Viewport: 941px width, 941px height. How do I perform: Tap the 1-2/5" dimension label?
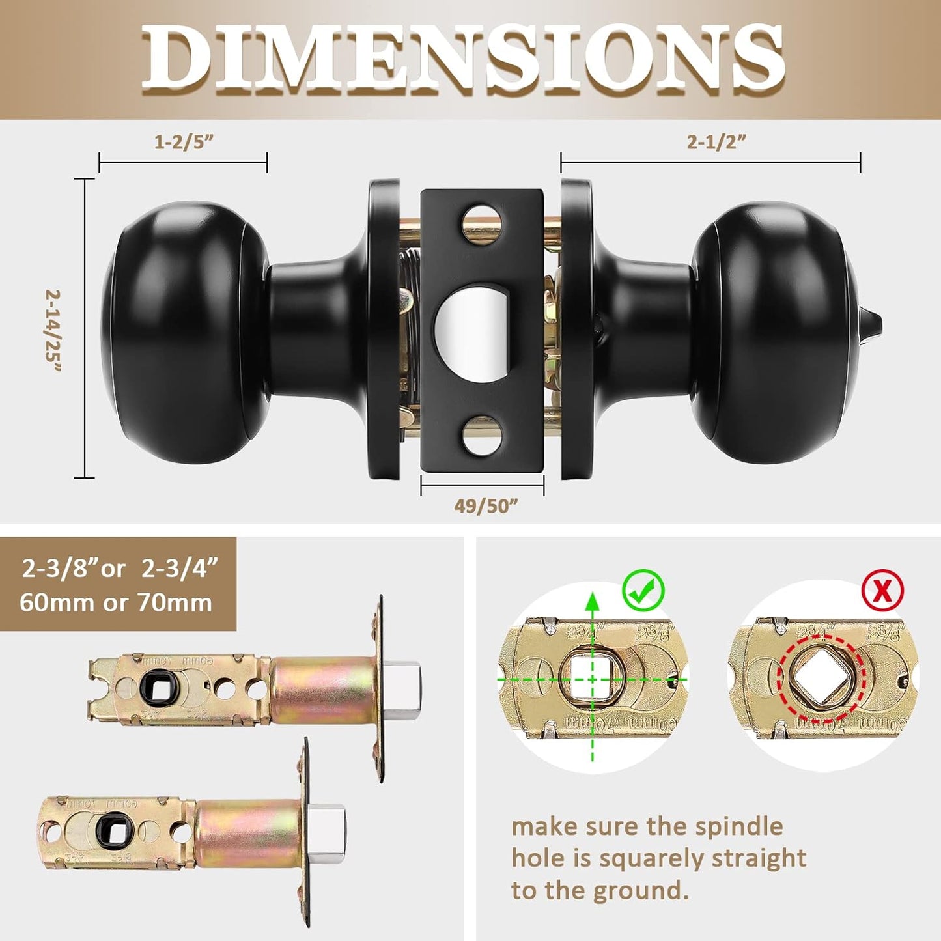pos(184,142)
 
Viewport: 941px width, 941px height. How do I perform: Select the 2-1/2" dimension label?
pos(716,142)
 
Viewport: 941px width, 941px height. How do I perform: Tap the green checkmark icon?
pos(643,590)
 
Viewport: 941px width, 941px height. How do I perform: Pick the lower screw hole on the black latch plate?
pos(482,436)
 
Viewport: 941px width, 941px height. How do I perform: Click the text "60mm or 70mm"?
pos(116,602)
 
